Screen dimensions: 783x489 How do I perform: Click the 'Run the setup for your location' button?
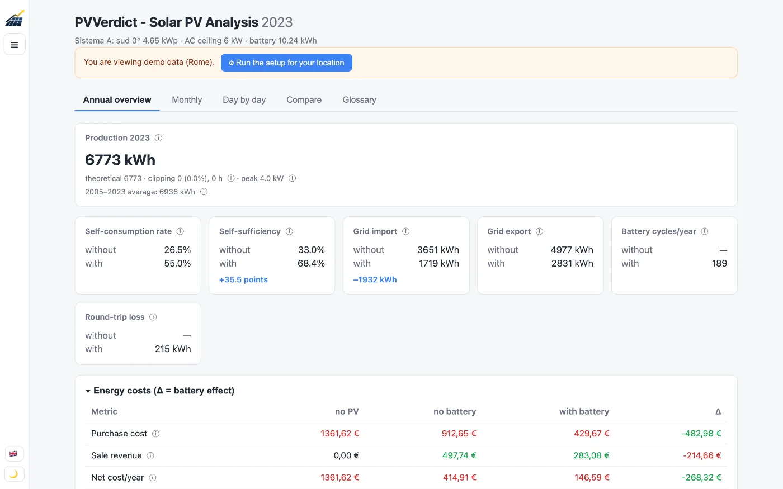(x=286, y=63)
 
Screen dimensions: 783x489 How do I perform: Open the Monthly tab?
(x=187, y=100)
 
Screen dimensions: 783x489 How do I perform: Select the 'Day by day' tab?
(x=244, y=100)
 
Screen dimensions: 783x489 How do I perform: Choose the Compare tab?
(x=304, y=100)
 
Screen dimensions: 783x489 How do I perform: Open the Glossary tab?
(x=359, y=100)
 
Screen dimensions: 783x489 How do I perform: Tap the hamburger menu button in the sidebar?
(x=15, y=44)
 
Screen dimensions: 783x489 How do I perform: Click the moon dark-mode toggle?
(x=14, y=474)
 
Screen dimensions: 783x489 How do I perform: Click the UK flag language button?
(x=14, y=453)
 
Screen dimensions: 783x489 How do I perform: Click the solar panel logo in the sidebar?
(x=15, y=18)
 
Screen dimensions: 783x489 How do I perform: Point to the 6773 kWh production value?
(x=120, y=160)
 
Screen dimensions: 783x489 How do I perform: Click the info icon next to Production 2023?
(x=158, y=137)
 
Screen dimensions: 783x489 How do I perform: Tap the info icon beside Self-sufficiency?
(x=289, y=231)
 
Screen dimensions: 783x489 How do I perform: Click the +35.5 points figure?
(x=243, y=279)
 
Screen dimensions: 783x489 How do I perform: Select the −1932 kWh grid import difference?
(x=375, y=279)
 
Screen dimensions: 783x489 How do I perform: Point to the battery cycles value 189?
(x=719, y=263)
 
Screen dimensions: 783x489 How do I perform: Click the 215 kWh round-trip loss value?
(x=173, y=349)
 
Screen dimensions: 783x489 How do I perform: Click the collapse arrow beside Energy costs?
(x=88, y=391)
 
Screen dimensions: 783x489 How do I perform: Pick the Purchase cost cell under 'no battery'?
(x=459, y=434)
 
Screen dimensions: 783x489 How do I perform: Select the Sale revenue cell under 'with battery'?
(x=591, y=455)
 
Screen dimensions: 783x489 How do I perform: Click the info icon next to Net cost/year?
(x=152, y=477)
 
